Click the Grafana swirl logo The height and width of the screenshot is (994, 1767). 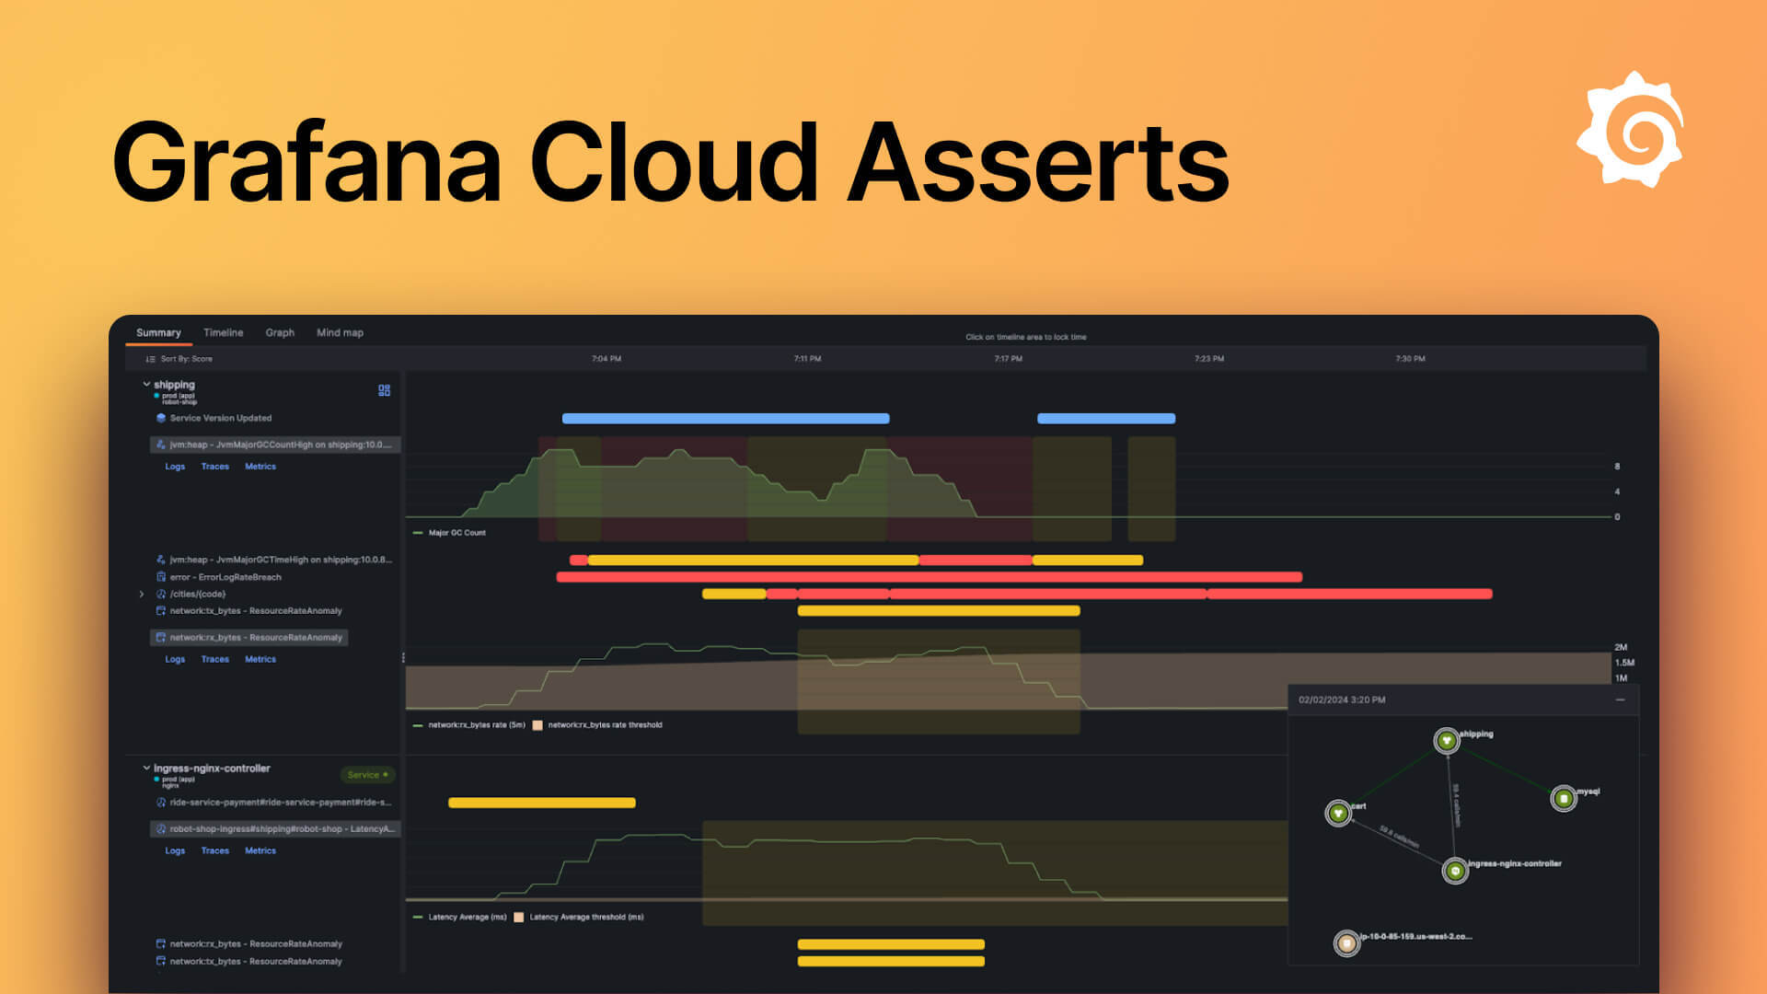pyautogui.click(x=1631, y=130)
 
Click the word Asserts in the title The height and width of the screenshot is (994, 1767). pyautogui.click(x=1037, y=163)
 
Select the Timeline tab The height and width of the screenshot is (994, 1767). pyautogui.click(x=223, y=332)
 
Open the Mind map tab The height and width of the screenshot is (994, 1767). pyautogui.click(x=340, y=332)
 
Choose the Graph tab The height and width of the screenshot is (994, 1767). pyautogui.click(x=280, y=332)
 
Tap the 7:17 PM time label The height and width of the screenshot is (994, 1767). pyautogui.click(x=1008, y=359)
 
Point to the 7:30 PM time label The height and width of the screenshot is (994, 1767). pyautogui.click(x=1410, y=359)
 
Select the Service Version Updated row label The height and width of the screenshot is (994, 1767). pyautogui.click(x=220, y=418)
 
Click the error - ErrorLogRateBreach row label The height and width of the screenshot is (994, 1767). pyautogui.click(x=225, y=577)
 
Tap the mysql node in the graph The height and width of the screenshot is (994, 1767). pyautogui.click(x=1564, y=798)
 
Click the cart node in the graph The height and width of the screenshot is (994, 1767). pyautogui.click(x=1338, y=813)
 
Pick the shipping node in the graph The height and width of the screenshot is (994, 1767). pyautogui.click(x=1447, y=740)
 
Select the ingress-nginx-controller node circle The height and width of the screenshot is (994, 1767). pyautogui.click(x=1455, y=870)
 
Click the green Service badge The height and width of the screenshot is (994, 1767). pyautogui.click(x=367, y=775)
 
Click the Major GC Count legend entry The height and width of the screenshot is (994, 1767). pyautogui.click(x=456, y=533)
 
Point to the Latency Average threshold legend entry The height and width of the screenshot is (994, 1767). pyautogui.click(x=585, y=918)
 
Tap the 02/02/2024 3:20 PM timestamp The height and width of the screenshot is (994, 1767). pyautogui.click(x=1342, y=700)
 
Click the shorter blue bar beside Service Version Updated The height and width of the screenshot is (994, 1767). pyautogui.click(x=1106, y=419)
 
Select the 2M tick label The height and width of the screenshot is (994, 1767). pyautogui.click(x=1621, y=647)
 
